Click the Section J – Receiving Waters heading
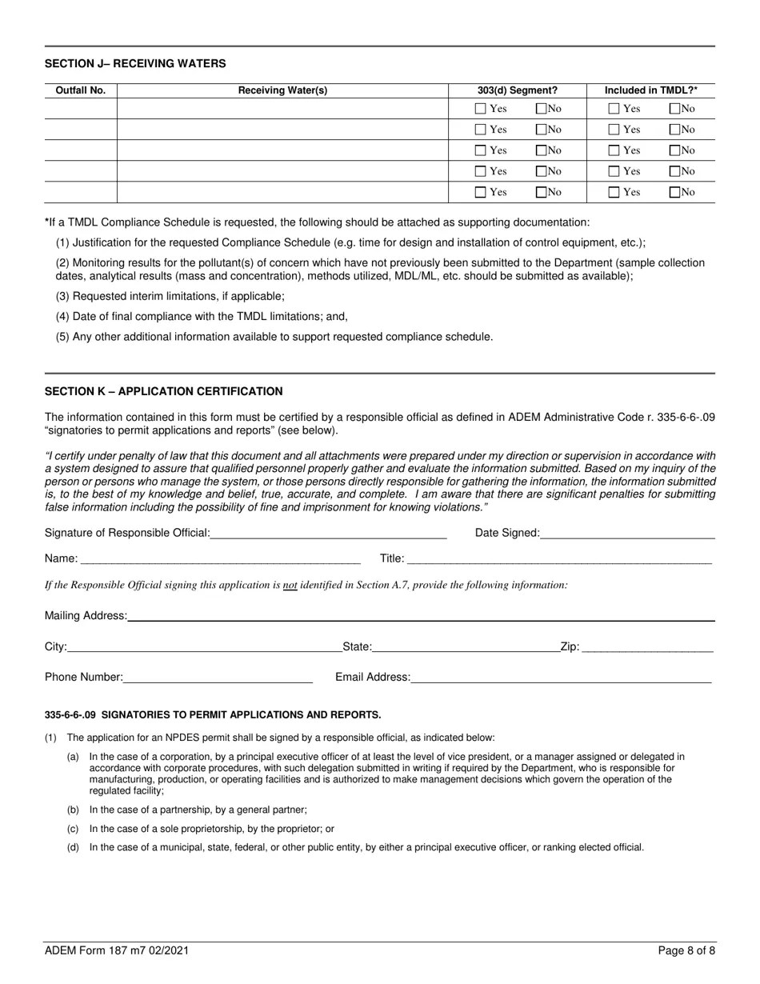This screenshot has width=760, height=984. [135, 63]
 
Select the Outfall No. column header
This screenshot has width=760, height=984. [80, 90]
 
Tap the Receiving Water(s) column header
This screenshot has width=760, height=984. [282, 90]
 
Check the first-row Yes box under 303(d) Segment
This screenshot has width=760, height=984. [480, 109]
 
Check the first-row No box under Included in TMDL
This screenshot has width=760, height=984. [674, 109]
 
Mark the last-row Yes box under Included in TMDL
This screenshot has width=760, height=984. [614, 192]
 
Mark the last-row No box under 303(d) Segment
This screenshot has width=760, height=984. [542, 192]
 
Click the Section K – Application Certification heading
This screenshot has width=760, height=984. [163, 391]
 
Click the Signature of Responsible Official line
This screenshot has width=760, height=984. [328, 534]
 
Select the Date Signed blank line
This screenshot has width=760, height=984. [627, 534]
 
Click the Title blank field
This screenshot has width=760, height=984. [558, 559]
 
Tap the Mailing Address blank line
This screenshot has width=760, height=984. [421, 616]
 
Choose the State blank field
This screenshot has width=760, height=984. [466, 647]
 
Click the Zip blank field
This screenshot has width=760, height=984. [647, 647]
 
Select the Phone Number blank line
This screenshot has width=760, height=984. [218, 678]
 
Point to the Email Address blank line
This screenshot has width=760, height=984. [561, 678]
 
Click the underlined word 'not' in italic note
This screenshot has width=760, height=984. [290, 585]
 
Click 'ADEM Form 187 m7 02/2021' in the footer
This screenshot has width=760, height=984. [117, 951]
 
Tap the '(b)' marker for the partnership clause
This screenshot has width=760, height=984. [73, 810]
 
